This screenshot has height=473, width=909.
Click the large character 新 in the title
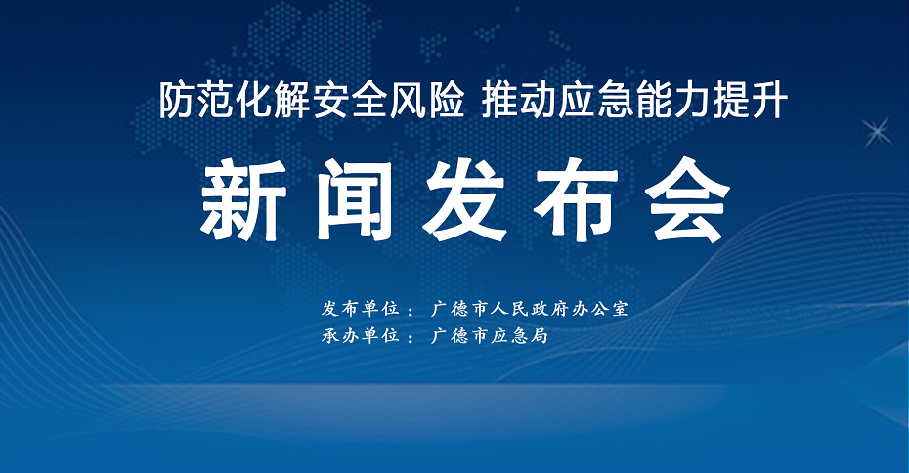[244, 200]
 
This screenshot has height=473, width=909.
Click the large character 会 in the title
[687, 200]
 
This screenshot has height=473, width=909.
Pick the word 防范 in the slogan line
[197, 101]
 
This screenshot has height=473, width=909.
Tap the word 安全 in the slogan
[350, 101]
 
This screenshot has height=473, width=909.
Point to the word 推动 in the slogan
[519, 101]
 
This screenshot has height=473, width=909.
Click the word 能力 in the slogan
[671, 101]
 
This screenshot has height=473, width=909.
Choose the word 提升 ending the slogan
[749, 101]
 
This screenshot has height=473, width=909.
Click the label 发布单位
[361, 309]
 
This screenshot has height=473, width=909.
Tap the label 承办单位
[361, 335]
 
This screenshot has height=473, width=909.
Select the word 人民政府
[530, 309]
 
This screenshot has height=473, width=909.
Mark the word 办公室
[599, 309]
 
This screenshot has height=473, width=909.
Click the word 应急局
[519, 335]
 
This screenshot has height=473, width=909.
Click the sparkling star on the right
[878, 132]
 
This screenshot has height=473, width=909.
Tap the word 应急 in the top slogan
[595, 101]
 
